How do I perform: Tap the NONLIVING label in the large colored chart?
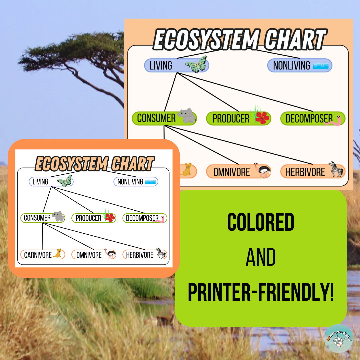[292, 66]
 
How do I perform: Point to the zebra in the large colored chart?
[336, 169]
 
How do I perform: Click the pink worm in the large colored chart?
[334, 120]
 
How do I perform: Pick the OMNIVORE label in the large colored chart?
[232, 172]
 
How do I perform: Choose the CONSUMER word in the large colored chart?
[156, 118]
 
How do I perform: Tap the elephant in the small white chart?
[58, 217]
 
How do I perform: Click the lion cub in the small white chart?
[58, 254]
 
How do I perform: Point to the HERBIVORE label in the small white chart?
[139, 255]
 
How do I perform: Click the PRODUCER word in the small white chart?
[88, 218]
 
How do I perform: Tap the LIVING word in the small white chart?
[40, 182]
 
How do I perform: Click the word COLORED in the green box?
[261, 223]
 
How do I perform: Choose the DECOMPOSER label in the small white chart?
[142, 218]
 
